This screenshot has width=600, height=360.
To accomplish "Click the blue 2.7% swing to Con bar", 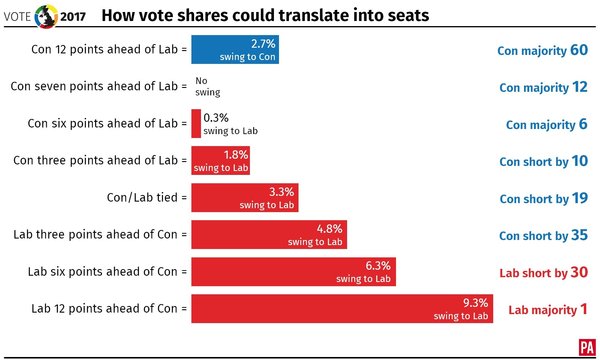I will click(234, 50).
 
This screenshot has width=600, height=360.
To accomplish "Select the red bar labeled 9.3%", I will click(343, 309).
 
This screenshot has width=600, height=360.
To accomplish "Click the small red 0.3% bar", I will click(196, 124).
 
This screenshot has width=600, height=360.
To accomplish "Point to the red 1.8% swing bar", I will click(220, 161).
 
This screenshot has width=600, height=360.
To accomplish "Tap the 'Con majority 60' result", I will click(542, 50).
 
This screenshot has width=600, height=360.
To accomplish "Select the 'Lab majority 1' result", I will click(548, 310).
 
